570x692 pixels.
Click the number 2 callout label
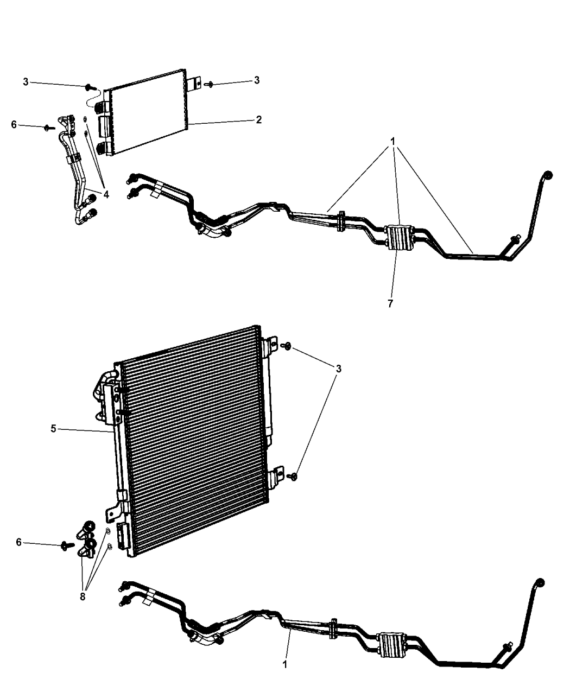click(x=259, y=119)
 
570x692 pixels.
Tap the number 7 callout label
click(x=390, y=303)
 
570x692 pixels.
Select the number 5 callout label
click(x=53, y=429)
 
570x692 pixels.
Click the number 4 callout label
click(x=106, y=194)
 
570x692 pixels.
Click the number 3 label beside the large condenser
click(x=338, y=369)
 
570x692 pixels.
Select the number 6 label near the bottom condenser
click(x=18, y=542)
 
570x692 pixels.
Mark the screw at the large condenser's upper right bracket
click(x=287, y=346)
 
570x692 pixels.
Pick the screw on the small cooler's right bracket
click(x=210, y=84)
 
